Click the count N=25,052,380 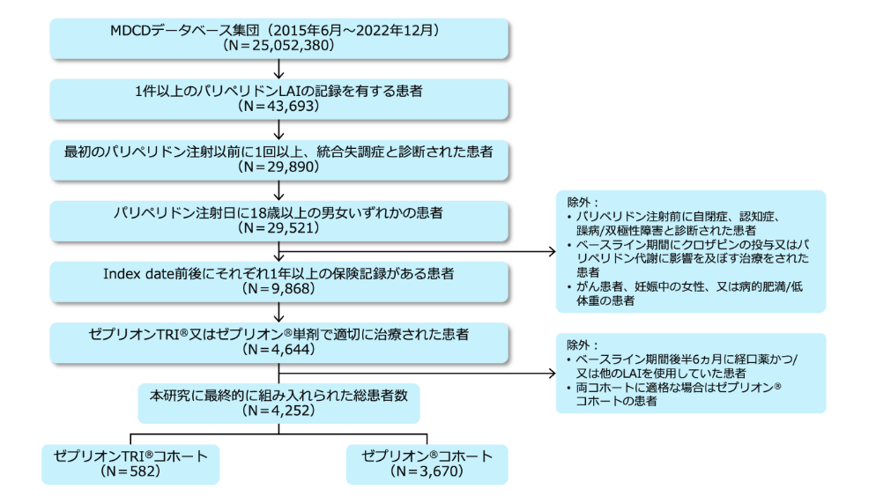[279, 43]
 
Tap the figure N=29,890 [279, 167]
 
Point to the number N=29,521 [279, 228]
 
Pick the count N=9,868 [279, 289]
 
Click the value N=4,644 [279, 350]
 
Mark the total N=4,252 [279, 410]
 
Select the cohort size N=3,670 [427, 471]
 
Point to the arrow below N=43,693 [279, 129]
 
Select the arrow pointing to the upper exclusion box [414, 251]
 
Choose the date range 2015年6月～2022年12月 [371, 28]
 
